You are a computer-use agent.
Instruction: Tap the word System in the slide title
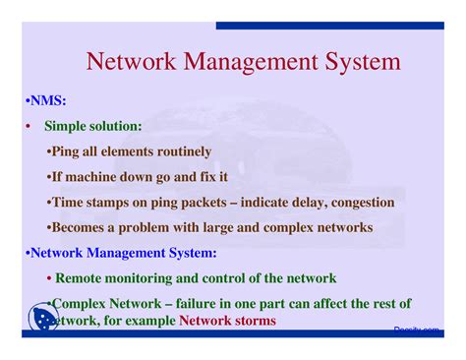363,62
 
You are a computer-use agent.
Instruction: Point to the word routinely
179,151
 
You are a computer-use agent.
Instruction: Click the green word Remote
85,278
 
